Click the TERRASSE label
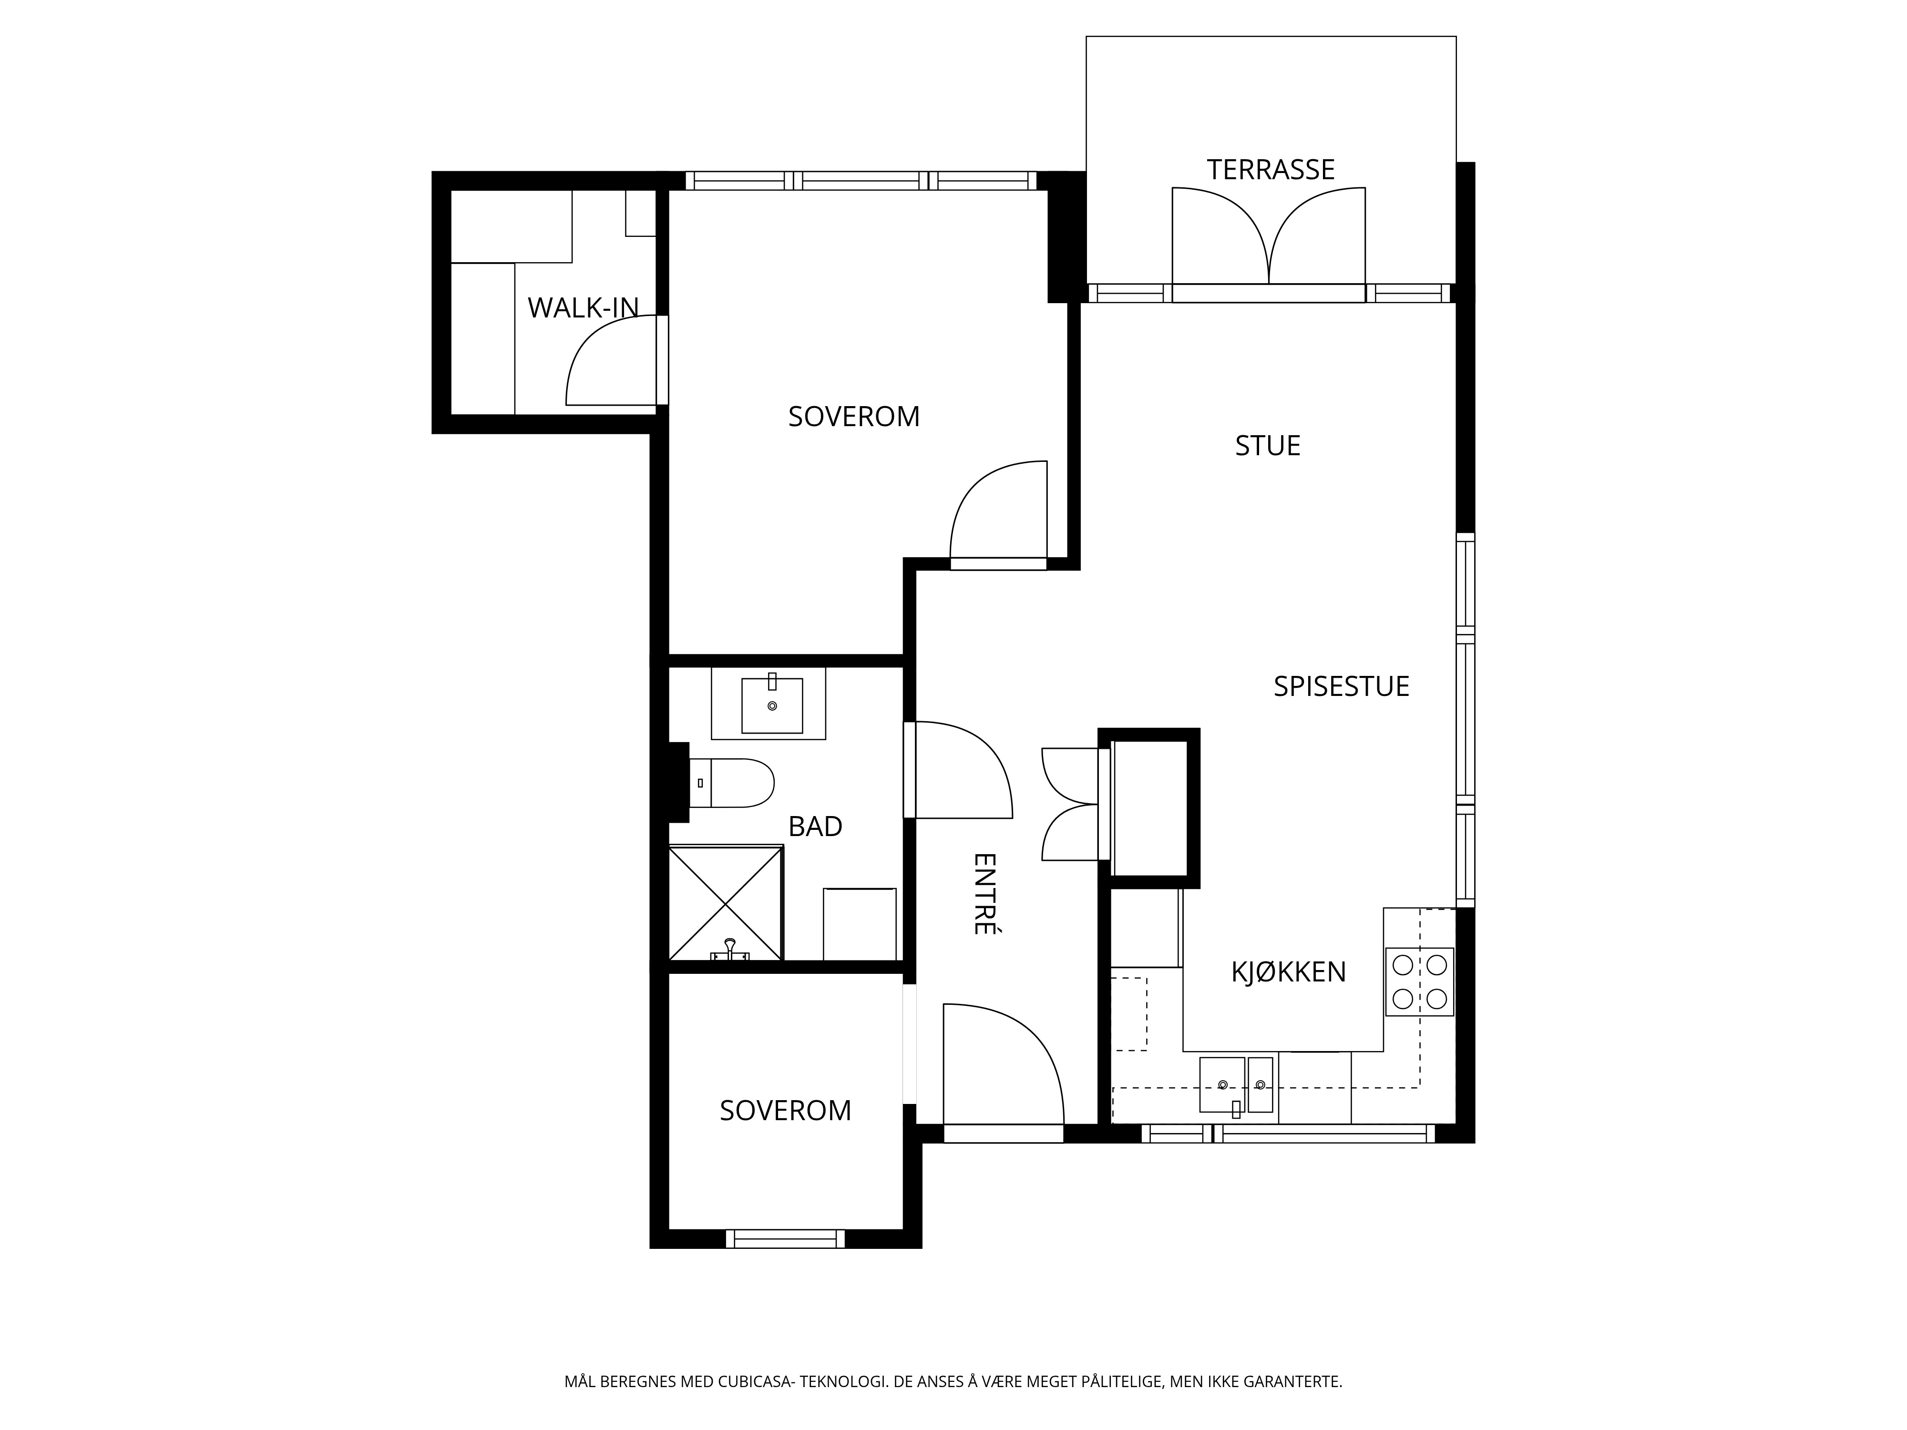(1270, 170)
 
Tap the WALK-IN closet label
(583, 308)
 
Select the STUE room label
(1267, 446)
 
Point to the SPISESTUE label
(1342, 686)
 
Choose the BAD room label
(815, 827)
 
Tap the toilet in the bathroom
(731, 783)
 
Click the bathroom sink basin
(771, 705)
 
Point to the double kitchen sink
(1235, 1084)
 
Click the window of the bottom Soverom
(785, 1239)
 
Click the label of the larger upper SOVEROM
(853, 416)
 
